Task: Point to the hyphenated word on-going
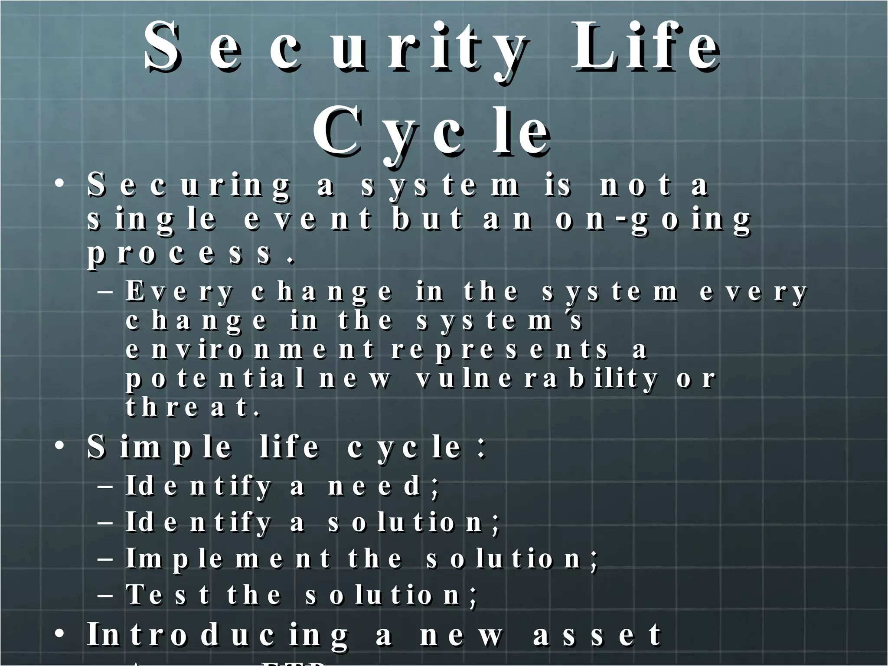pyautogui.click(x=653, y=220)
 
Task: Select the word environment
pyautogui.click(x=249, y=349)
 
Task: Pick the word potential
pyautogui.click(x=215, y=379)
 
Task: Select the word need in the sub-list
pyautogui.click(x=374, y=486)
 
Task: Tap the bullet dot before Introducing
pyautogui.click(x=60, y=633)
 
